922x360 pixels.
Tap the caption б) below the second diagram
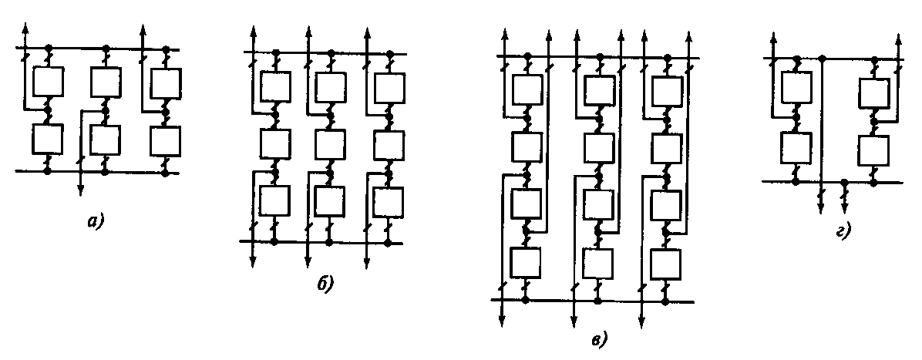pos(325,284)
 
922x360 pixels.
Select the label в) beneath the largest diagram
pos(600,338)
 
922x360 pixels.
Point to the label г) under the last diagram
pos(843,230)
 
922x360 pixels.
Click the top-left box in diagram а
pos(47,81)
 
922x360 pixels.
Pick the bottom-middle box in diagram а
pos(105,140)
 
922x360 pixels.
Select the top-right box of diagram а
pos(165,81)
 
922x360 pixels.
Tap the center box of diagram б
pos(330,143)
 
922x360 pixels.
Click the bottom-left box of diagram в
pos(527,263)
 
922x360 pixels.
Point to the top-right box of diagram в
pos(667,89)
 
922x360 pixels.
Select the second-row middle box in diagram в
pos(597,146)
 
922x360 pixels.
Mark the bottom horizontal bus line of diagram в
pos(594,301)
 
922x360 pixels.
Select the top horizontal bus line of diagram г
pos(833,59)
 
